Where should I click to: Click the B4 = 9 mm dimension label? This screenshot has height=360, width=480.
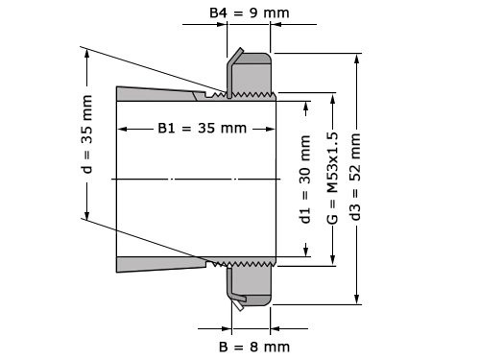249,14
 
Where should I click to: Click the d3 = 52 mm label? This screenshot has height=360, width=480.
357,179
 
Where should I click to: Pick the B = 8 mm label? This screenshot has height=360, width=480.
253,345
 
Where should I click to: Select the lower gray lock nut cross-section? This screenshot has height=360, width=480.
252,282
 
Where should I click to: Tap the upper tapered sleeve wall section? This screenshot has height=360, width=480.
158,94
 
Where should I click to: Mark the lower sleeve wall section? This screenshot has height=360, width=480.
158,263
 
